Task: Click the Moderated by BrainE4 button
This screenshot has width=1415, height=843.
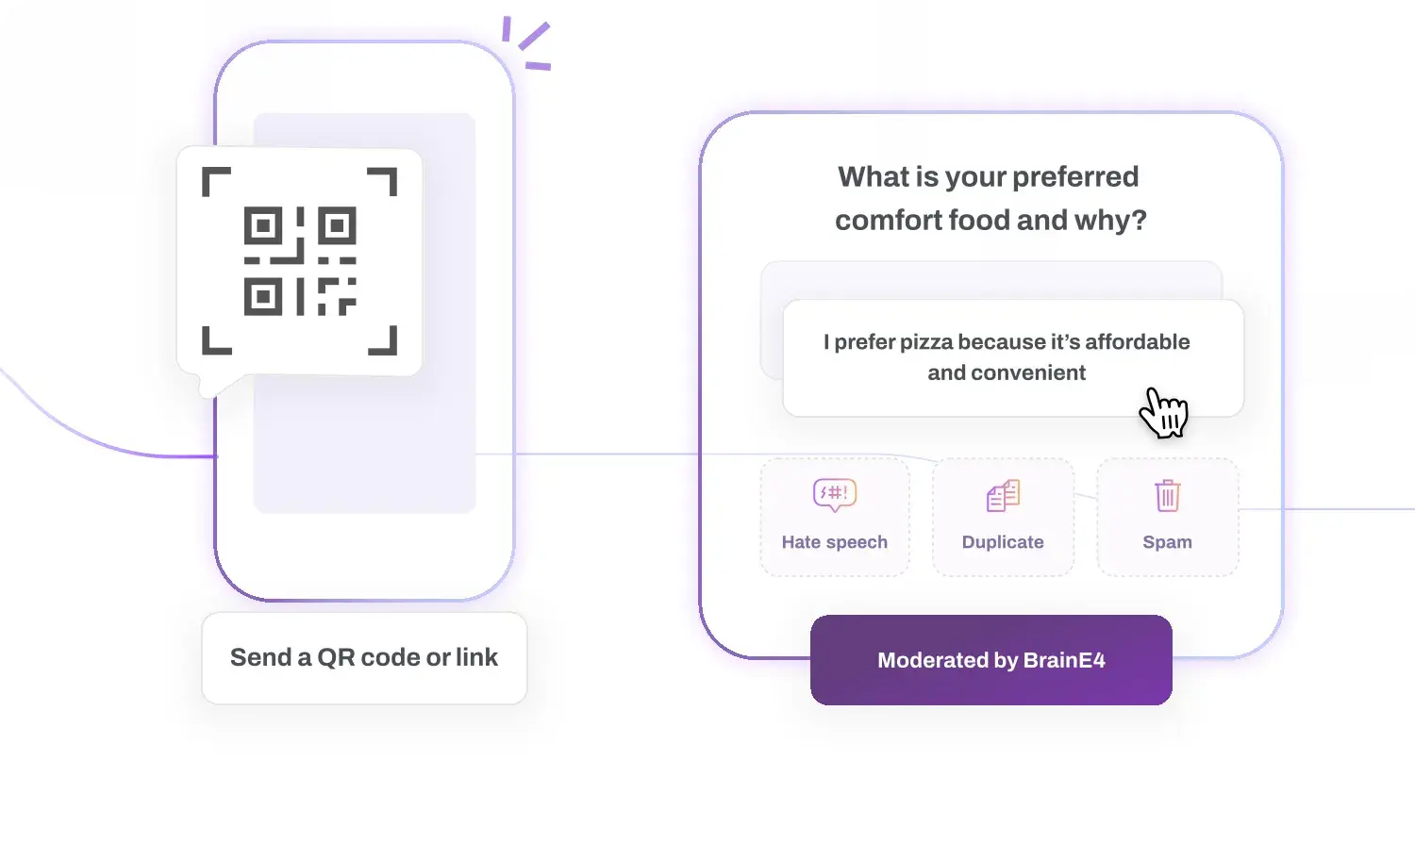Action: coord(991,660)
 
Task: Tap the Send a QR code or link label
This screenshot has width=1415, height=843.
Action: coord(364,657)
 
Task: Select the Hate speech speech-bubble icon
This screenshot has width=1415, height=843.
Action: coord(835,494)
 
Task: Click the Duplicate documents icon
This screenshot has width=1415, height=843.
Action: coord(1003,495)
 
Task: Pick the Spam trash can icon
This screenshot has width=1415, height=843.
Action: coord(1168,495)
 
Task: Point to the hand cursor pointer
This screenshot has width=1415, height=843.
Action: coord(1163,412)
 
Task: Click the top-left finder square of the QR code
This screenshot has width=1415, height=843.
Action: coord(263,225)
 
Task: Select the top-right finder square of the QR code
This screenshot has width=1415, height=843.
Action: coord(337,225)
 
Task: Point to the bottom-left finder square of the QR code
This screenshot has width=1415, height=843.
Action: coord(263,296)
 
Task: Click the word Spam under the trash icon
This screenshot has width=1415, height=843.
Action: coord(1168,542)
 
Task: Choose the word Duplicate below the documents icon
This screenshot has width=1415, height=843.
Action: coord(1003,542)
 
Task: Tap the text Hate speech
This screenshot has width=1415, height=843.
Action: coord(835,542)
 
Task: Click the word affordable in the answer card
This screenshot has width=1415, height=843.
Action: coord(1138,341)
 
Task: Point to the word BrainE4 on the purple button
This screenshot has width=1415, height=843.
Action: coord(1064,660)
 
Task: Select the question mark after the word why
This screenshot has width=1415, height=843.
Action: coord(1140,221)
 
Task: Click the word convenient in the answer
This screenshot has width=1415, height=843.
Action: coord(1028,372)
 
